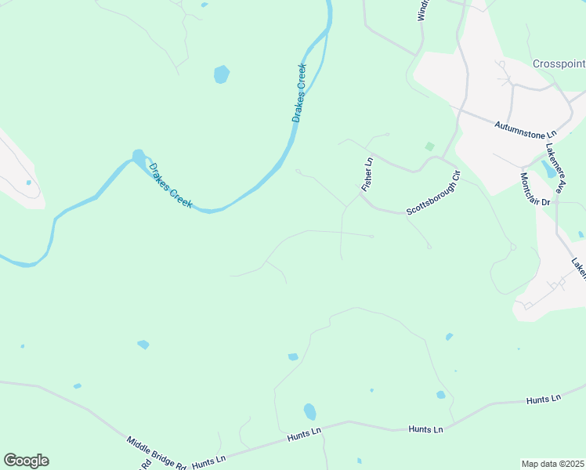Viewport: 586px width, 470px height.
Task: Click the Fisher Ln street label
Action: tap(367, 175)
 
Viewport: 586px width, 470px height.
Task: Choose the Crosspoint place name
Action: tap(559, 63)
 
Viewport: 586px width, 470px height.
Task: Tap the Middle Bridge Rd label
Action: tap(157, 453)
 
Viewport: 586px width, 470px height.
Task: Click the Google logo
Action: tap(26, 461)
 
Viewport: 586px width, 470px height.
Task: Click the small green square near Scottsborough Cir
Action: tap(429, 146)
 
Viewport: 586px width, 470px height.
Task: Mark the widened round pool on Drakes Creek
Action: tap(139, 157)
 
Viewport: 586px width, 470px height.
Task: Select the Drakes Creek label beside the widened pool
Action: tap(171, 186)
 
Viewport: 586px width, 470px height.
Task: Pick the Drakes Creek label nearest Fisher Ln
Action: tap(298, 92)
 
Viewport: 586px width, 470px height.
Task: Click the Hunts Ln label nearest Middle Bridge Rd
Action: tap(208, 461)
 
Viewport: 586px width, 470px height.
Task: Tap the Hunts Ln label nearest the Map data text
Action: tap(544, 399)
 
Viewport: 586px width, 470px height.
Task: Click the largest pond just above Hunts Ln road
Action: tap(310, 411)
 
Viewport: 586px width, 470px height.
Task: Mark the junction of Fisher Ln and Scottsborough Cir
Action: tap(361, 195)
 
